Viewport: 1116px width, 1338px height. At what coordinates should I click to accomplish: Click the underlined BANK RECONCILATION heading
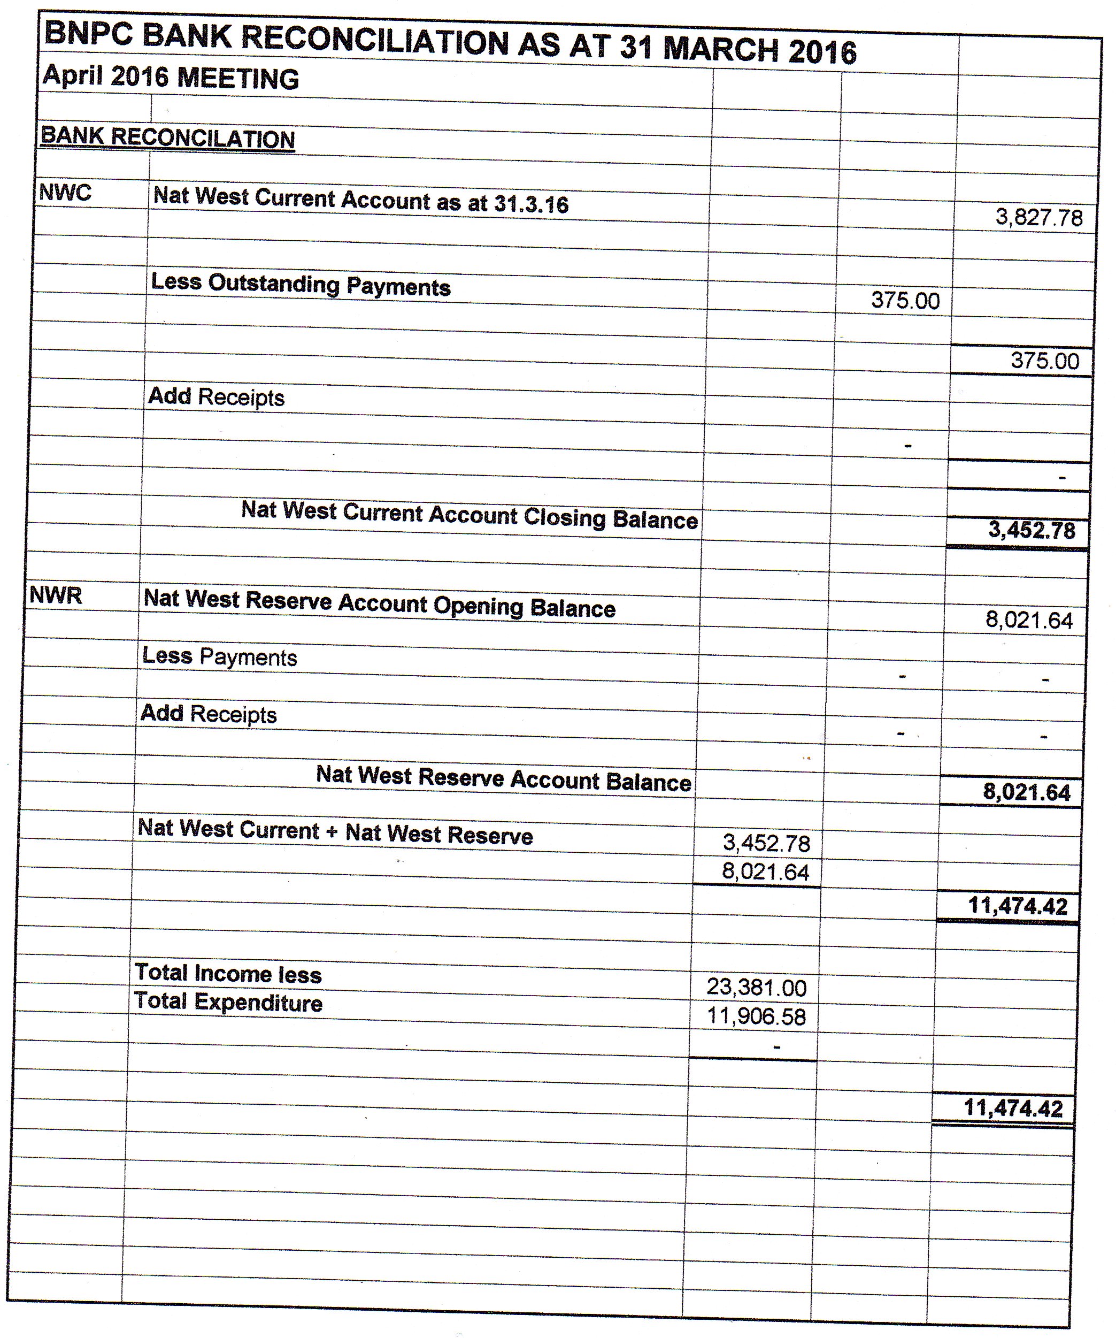(167, 137)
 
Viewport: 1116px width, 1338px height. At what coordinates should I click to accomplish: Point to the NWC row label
(65, 193)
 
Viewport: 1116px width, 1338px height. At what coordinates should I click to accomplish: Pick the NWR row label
(56, 595)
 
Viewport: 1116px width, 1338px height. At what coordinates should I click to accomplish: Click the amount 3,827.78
(1039, 218)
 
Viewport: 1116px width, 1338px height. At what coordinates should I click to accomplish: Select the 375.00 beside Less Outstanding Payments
(905, 300)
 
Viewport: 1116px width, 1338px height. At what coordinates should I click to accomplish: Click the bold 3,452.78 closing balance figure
(1032, 530)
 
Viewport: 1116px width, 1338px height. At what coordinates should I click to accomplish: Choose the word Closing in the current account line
(564, 517)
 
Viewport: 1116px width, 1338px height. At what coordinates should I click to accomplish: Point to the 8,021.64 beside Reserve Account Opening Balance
(1029, 620)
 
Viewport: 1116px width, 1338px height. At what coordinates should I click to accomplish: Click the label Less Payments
(219, 656)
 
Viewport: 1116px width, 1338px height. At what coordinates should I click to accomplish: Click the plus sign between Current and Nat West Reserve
(332, 831)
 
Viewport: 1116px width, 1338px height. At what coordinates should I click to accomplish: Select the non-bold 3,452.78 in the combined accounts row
(766, 844)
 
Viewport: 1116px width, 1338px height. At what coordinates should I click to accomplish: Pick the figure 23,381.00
(756, 988)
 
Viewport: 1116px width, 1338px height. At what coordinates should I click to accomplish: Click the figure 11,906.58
(756, 1016)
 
